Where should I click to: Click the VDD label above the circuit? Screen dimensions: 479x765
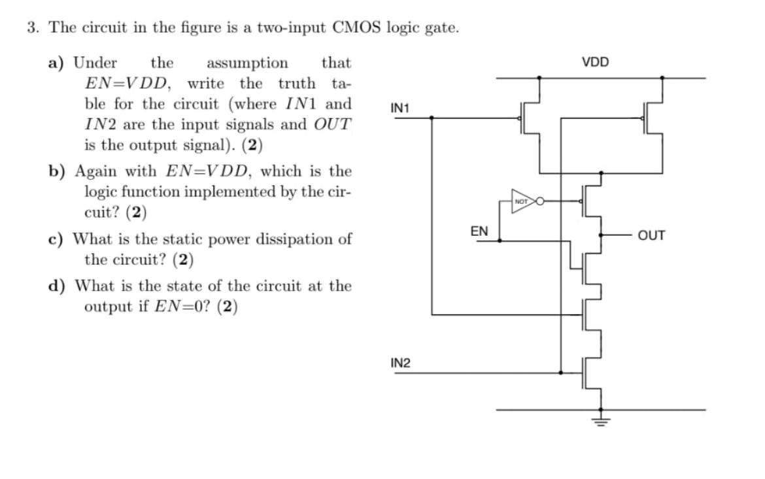595,63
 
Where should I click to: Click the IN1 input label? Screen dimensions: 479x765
399,108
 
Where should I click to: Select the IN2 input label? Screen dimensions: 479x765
399,363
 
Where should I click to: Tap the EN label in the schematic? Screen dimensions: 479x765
479,231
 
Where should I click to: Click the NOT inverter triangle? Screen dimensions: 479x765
523,201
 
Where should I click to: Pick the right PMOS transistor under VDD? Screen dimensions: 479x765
654,118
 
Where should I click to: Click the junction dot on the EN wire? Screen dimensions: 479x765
500,240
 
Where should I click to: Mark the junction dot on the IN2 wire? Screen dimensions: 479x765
561,373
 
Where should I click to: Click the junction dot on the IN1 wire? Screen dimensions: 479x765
432,118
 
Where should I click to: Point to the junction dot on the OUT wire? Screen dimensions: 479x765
602,235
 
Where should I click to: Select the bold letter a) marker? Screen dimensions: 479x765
56,63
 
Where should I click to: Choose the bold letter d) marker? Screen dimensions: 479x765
56,286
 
